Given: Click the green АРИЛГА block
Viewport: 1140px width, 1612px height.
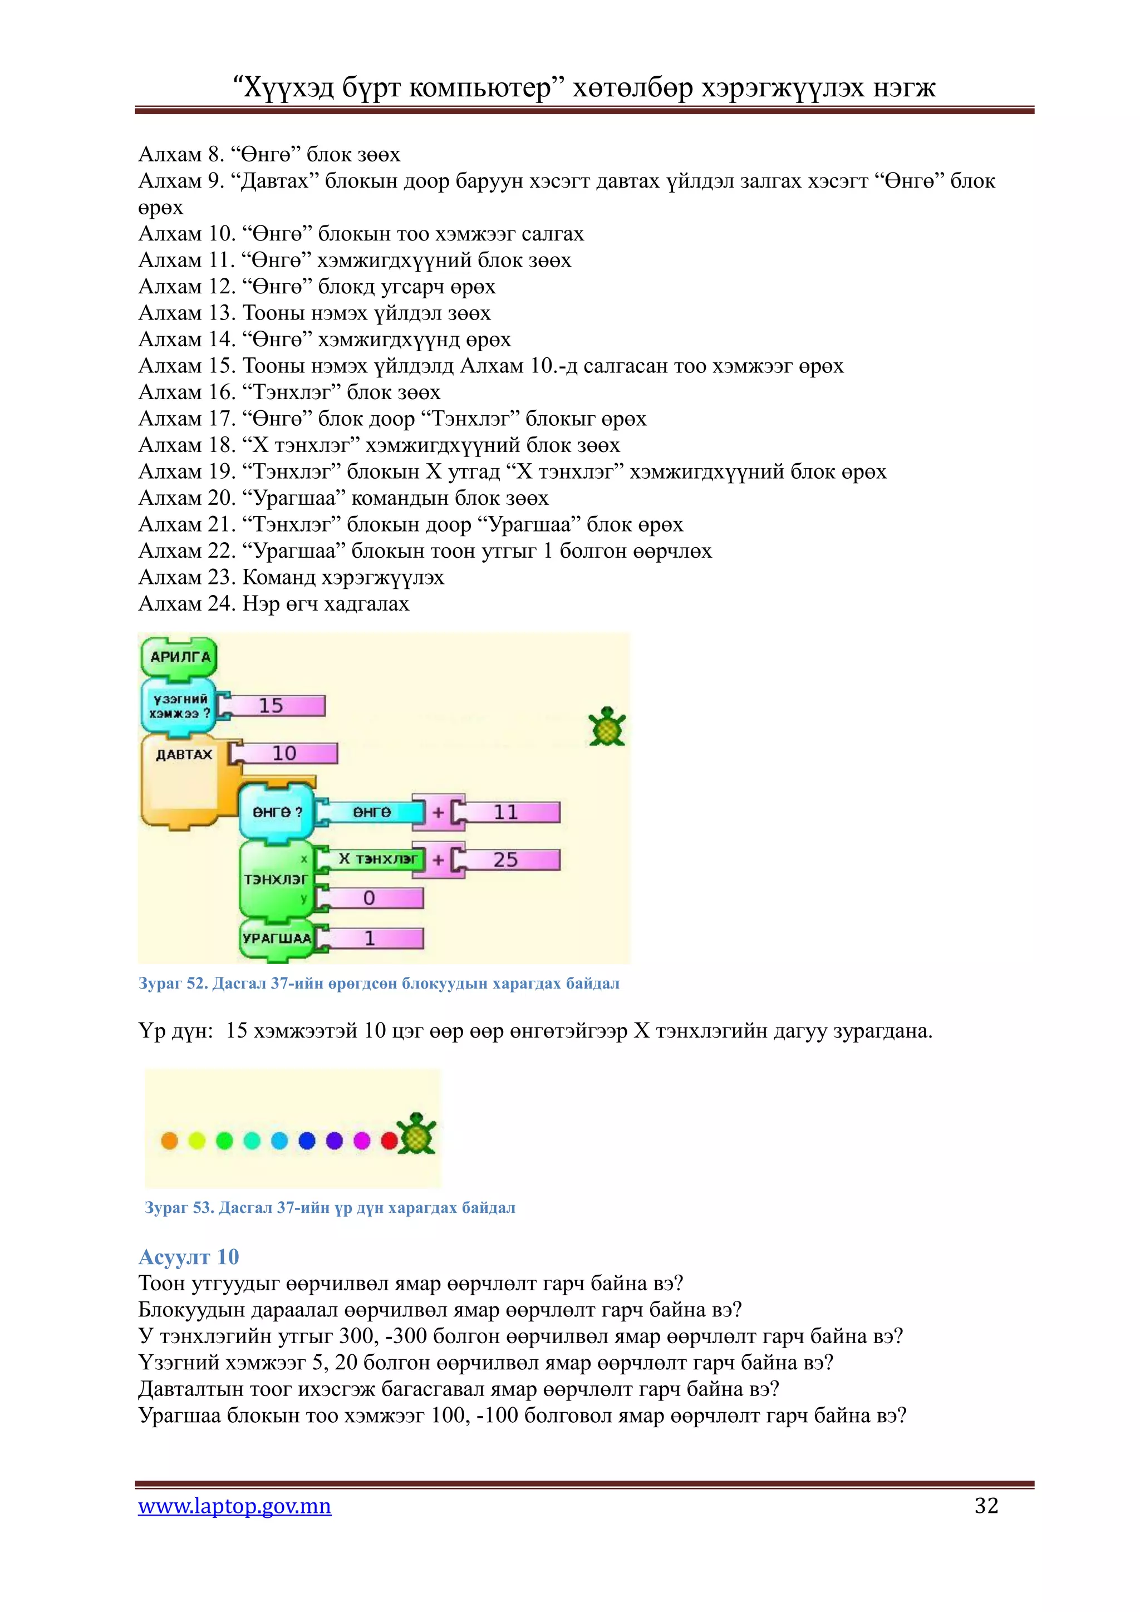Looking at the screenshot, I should tap(180, 657).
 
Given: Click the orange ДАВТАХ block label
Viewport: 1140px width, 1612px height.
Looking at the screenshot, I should tap(184, 755).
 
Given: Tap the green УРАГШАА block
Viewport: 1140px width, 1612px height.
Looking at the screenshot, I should tap(277, 938).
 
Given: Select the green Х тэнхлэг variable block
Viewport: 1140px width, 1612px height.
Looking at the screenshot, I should tap(376, 859).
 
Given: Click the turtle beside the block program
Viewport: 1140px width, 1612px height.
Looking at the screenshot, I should tap(607, 726).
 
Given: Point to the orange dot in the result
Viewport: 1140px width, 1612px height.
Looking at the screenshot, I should tap(169, 1141).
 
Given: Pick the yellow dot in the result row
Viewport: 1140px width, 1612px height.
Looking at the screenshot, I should tap(196, 1141).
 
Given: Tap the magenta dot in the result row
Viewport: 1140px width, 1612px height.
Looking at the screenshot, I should tap(361, 1141).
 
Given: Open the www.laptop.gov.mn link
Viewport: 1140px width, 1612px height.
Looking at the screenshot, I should tap(234, 1506).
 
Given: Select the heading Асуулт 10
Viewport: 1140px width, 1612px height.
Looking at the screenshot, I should tap(189, 1257).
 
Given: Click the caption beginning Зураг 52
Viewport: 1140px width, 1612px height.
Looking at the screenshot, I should tap(379, 984).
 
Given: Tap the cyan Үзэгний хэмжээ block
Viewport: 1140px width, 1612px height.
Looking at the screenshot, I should tap(180, 706).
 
